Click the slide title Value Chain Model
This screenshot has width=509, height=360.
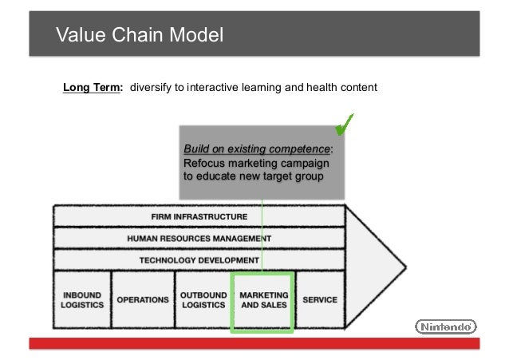pyautogui.click(x=139, y=35)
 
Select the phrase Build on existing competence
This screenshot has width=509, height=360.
pyautogui.click(x=257, y=149)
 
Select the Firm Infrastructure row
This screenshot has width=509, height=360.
pyautogui.click(x=199, y=216)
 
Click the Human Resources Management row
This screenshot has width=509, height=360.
pyautogui.click(x=199, y=238)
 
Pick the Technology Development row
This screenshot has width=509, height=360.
pyautogui.click(x=199, y=259)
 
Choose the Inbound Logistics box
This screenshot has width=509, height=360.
pyautogui.click(x=81, y=299)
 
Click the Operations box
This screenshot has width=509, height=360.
pyautogui.click(x=143, y=299)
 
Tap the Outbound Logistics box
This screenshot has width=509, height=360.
pyautogui.click(x=203, y=299)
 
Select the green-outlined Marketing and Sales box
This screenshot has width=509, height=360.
pyautogui.click(x=263, y=300)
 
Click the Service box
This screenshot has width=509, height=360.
pyautogui.click(x=319, y=299)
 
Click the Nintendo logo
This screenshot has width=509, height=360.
pyautogui.click(x=446, y=326)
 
